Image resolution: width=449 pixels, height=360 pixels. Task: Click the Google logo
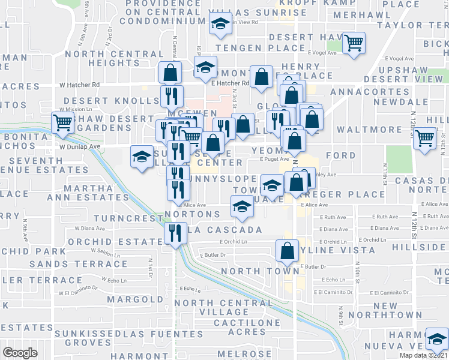tap(20, 353)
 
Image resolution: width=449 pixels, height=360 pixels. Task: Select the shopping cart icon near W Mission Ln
tap(62, 122)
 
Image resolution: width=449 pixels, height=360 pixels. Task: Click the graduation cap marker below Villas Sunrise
tap(220, 25)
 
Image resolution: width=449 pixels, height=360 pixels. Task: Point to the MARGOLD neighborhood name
tap(134, 299)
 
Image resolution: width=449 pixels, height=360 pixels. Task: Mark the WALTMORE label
tap(360, 130)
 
